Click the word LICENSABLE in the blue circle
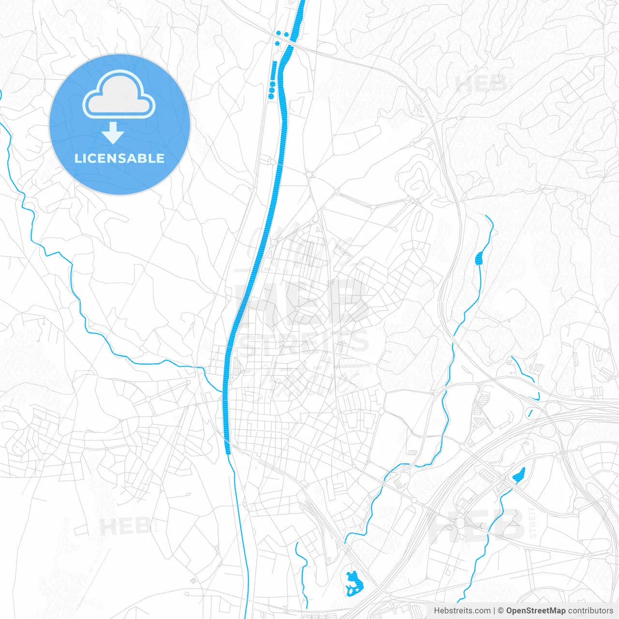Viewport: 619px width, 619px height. tap(119, 158)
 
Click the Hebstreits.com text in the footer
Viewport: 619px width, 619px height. tap(462, 611)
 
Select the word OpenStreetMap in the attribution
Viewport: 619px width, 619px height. tap(535, 611)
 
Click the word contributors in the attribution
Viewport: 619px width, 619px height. tap(590, 611)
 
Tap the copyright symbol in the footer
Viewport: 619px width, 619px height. tap(501, 611)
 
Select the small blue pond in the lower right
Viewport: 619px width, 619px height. tap(518, 475)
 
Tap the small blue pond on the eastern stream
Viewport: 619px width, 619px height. tap(479, 258)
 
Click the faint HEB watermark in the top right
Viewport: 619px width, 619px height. tap(481, 84)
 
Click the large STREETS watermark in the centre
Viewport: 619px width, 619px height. tap(304, 342)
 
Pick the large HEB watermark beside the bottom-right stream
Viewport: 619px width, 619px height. tap(476, 525)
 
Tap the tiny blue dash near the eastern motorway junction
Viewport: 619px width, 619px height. tap(530, 413)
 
